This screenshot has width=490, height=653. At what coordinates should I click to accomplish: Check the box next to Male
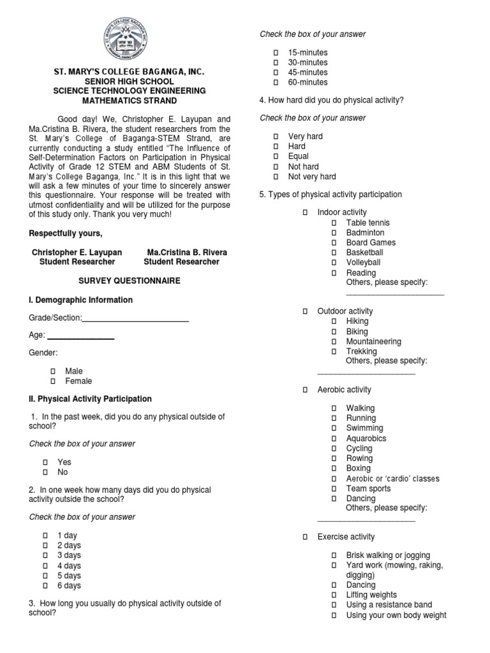pyautogui.click(x=54, y=371)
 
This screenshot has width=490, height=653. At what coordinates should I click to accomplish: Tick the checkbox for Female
pyautogui.click(x=54, y=381)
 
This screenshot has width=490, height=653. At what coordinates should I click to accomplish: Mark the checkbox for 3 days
pyautogui.click(x=46, y=555)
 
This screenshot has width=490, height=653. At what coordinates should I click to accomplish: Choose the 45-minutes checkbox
pyautogui.click(x=276, y=73)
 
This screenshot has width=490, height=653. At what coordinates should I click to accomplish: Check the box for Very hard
pyautogui.click(x=276, y=136)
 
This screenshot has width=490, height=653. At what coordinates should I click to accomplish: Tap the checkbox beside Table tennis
pyautogui.click(x=334, y=223)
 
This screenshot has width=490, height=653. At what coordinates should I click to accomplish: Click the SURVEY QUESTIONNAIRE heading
pyautogui.click(x=129, y=281)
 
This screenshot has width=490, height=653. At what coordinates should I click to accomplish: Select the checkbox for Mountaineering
pyautogui.click(x=334, y=342)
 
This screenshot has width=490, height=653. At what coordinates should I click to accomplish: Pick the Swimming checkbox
pyautogui.click(x=334, y=429)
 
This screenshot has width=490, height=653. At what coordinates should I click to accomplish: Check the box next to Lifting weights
pyautogui.click(x=334, y=595)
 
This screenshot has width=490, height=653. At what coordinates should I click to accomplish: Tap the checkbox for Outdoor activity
pyautogui.click(x=305, y=311)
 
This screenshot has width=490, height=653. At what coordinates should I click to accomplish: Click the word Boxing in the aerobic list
pyautogui.click(x=358, y=468)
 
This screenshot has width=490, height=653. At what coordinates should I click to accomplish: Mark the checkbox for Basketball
pyautogui.click(x=334, y=253)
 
